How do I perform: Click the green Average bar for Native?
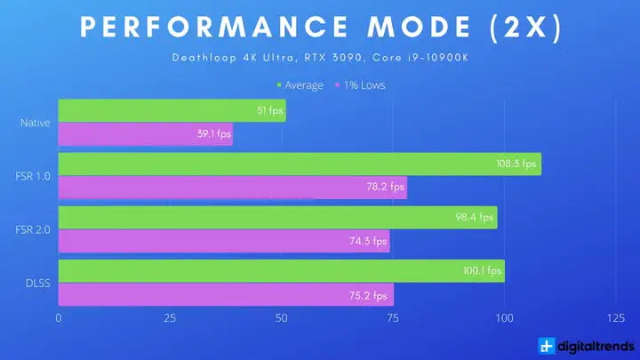tap(172, 110)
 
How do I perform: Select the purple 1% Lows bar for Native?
tap(145, 134)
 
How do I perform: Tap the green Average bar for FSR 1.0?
tap(300, 164)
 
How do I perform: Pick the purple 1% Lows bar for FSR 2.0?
tap(223, 241)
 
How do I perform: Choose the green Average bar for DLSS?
tap(281, 271)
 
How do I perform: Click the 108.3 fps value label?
tap(517, 164)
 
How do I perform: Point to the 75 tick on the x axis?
tap(393, 318)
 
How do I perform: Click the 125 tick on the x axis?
tap(614, 318)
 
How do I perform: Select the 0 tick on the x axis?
tap(59, 318)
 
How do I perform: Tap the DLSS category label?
tap(37, 283)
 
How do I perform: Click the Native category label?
tap(35, 122)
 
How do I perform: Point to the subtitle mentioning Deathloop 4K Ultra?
tap(320, 60)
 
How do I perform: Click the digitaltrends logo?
tap(586, 346)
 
